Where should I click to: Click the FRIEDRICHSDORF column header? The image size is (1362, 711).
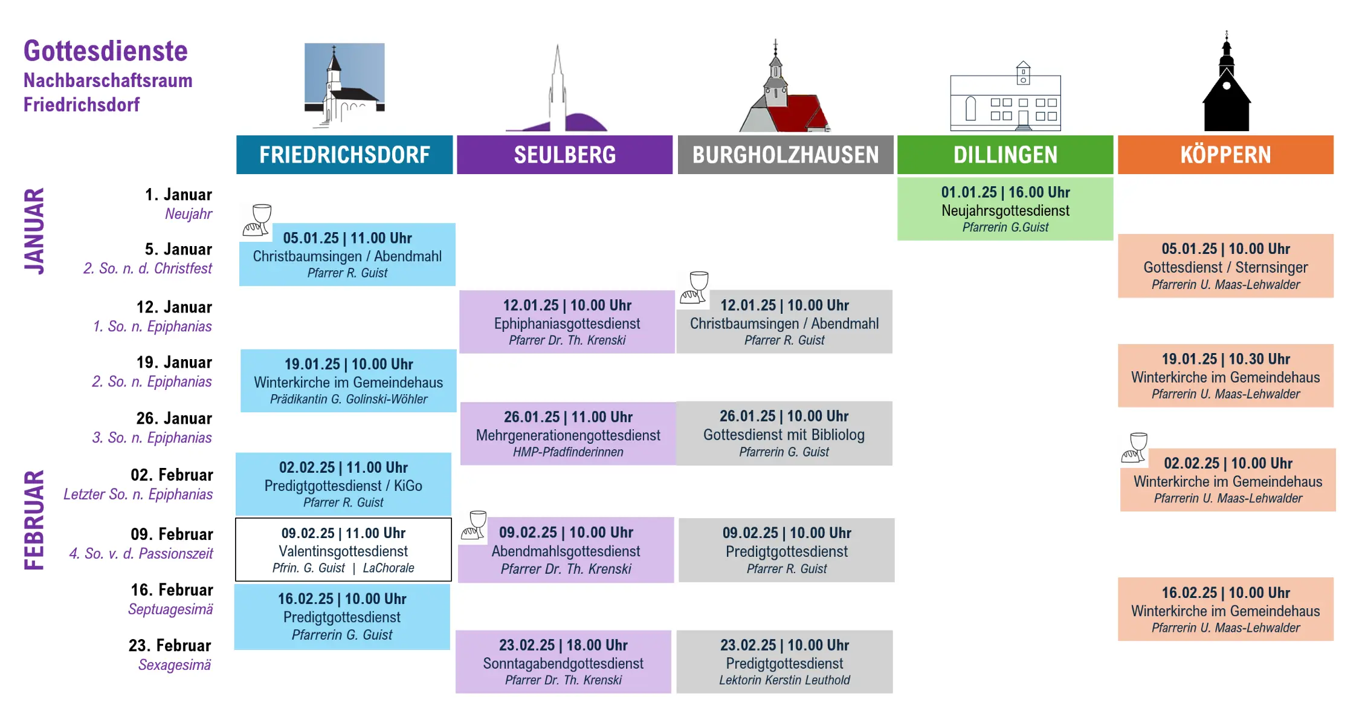(x=344, y=155)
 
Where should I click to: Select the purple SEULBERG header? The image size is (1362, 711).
(x=564, y=155)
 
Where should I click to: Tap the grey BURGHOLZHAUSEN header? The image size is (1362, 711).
(x=785, y=155)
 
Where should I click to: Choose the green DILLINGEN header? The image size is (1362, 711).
(x=1005, y=155)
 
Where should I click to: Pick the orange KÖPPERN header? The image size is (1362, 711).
(x=1225, y=155)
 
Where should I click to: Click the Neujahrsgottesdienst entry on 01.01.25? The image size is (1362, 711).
(x=1005, y=209)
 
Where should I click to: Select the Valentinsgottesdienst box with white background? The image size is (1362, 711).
(x=343, y=550)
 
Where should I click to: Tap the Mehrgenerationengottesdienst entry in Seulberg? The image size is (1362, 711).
(x=567, y=434)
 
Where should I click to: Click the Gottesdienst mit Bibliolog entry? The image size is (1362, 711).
(x=784, y=433)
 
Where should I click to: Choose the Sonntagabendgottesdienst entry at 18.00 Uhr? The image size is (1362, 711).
(x=563, y=662)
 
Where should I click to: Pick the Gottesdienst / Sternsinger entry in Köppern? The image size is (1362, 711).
(x=1225, y=266)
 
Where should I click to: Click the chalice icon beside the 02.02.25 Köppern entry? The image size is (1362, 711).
(x=1135, y=448)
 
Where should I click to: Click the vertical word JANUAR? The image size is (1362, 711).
(x=34, y=231)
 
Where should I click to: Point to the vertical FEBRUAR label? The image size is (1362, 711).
(x=34, y=520)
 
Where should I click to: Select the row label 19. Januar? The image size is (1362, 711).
(x=174, y=362)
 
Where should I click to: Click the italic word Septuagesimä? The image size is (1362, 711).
(x=170, y=609)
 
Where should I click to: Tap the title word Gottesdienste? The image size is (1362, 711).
(x=106, y=51)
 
